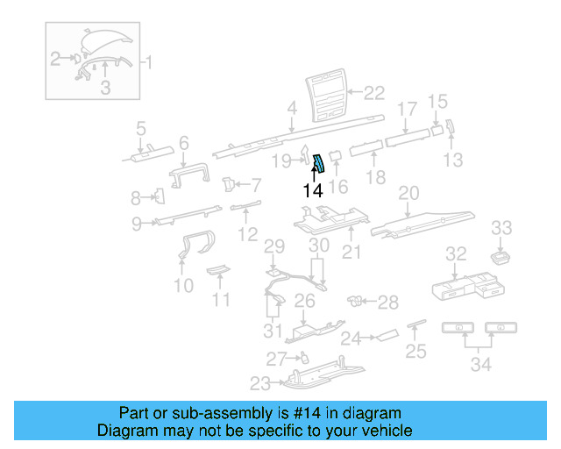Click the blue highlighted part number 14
pos(320,162)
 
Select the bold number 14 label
pos(313,189)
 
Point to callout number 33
pos(501,229)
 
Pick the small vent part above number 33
pos(501,257)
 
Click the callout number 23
pos(259,381)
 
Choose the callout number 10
pos(182,285)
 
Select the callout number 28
pos(387,303)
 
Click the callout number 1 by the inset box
pos(146,62)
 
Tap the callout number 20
pos(409,192)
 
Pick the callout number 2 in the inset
pos(55,60)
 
